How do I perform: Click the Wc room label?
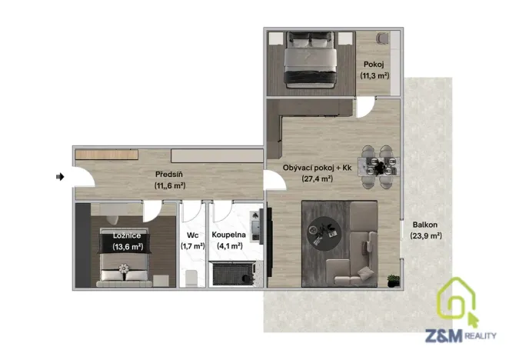[x=192, y=235]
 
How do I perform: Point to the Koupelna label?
[x=228, y=235]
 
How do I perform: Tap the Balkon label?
[x=424, y=225]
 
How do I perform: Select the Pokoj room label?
[x=374, y=64]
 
